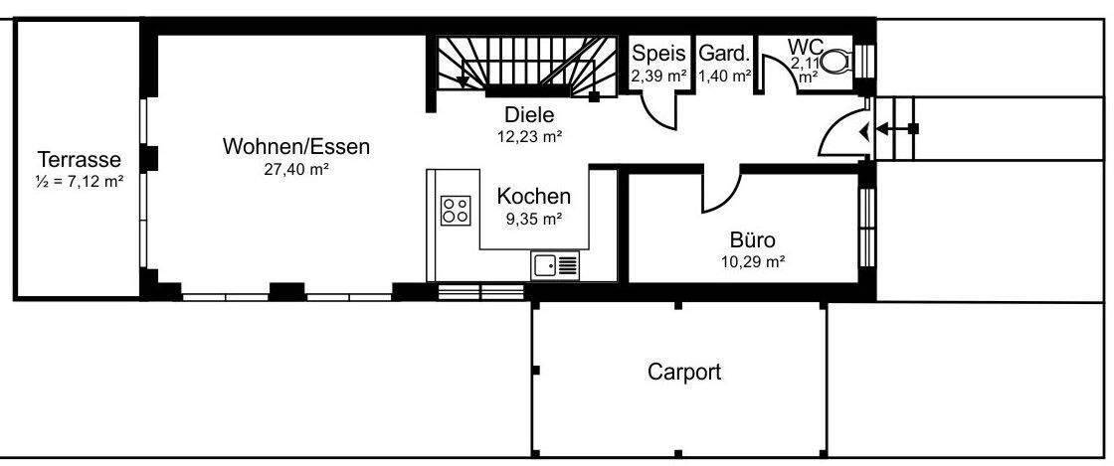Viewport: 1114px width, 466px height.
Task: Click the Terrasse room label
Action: point(79,159)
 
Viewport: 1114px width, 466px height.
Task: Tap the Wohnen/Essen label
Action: point(295,147)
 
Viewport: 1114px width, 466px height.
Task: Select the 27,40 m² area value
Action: point(295,169)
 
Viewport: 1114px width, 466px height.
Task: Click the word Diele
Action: point(528,114)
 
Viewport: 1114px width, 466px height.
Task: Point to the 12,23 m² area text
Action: point(529,136)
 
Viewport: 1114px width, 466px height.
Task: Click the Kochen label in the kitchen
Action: point(534,196)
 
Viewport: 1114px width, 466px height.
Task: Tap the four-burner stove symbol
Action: point(456,210)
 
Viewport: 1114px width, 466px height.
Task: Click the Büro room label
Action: point(752,239)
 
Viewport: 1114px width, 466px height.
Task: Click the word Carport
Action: point(684,373)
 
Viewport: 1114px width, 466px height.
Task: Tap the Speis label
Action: point(659,54)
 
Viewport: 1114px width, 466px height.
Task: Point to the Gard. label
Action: point(723,54)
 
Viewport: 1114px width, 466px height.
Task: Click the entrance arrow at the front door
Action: point(875,129)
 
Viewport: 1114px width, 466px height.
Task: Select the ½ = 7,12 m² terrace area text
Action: point(79,181)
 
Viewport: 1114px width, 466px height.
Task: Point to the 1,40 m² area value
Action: point(724,75)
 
